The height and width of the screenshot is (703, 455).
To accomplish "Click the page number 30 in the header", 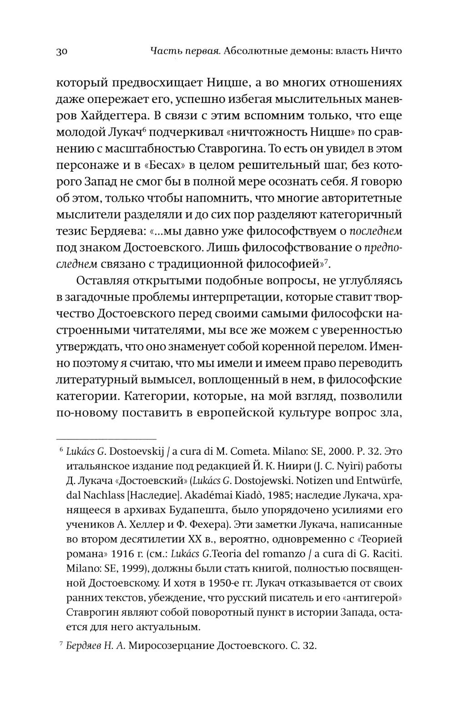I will pos(62,51).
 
